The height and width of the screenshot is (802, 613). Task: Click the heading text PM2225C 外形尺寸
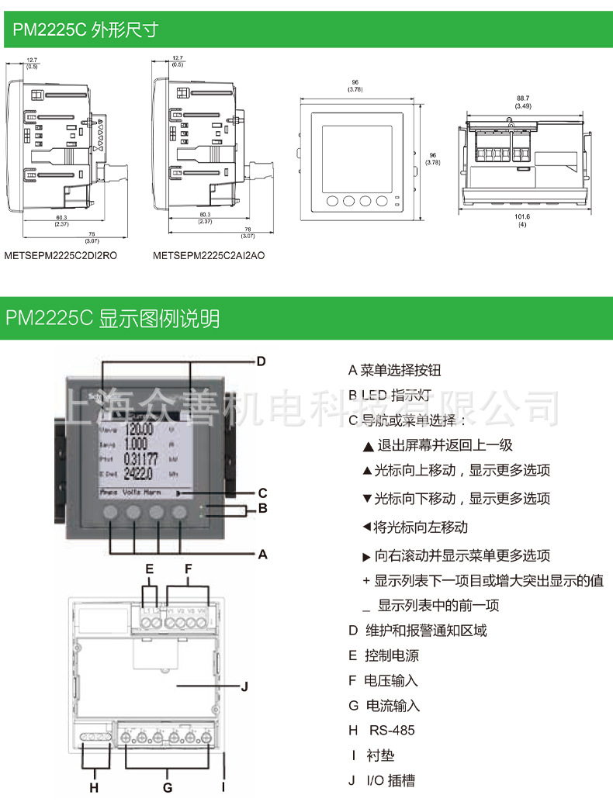[85, 29]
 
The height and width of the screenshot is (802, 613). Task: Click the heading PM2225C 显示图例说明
[113, 318]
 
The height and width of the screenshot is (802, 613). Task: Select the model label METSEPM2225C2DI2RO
[61, 254]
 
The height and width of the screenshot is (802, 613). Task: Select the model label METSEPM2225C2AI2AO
[209, 254]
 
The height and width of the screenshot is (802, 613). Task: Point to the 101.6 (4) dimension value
[522, 220]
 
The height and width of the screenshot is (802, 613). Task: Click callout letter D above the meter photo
[261, 361]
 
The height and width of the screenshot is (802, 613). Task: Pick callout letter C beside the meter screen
[262, 493]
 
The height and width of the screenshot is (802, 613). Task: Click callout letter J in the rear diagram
[244, 686]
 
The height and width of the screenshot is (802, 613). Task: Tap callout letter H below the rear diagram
[94, 787]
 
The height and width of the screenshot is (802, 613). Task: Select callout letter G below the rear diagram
[167, 787]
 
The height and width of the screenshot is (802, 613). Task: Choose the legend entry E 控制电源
[383, 655]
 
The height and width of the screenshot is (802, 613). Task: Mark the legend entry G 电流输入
[383, 705]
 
